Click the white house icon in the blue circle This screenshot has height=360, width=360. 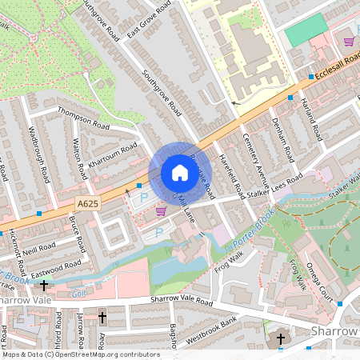(x=180, y=172)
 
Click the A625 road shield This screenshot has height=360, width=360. (x=90, y=204)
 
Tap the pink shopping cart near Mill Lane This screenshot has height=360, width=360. (x=161, y=211)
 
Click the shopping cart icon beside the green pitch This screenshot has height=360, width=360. (x=348, y=41)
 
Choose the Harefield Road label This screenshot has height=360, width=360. (x=231, y=176)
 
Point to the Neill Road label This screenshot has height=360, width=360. (x=38, y=249)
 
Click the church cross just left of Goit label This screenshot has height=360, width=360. (x=43, y=284)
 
